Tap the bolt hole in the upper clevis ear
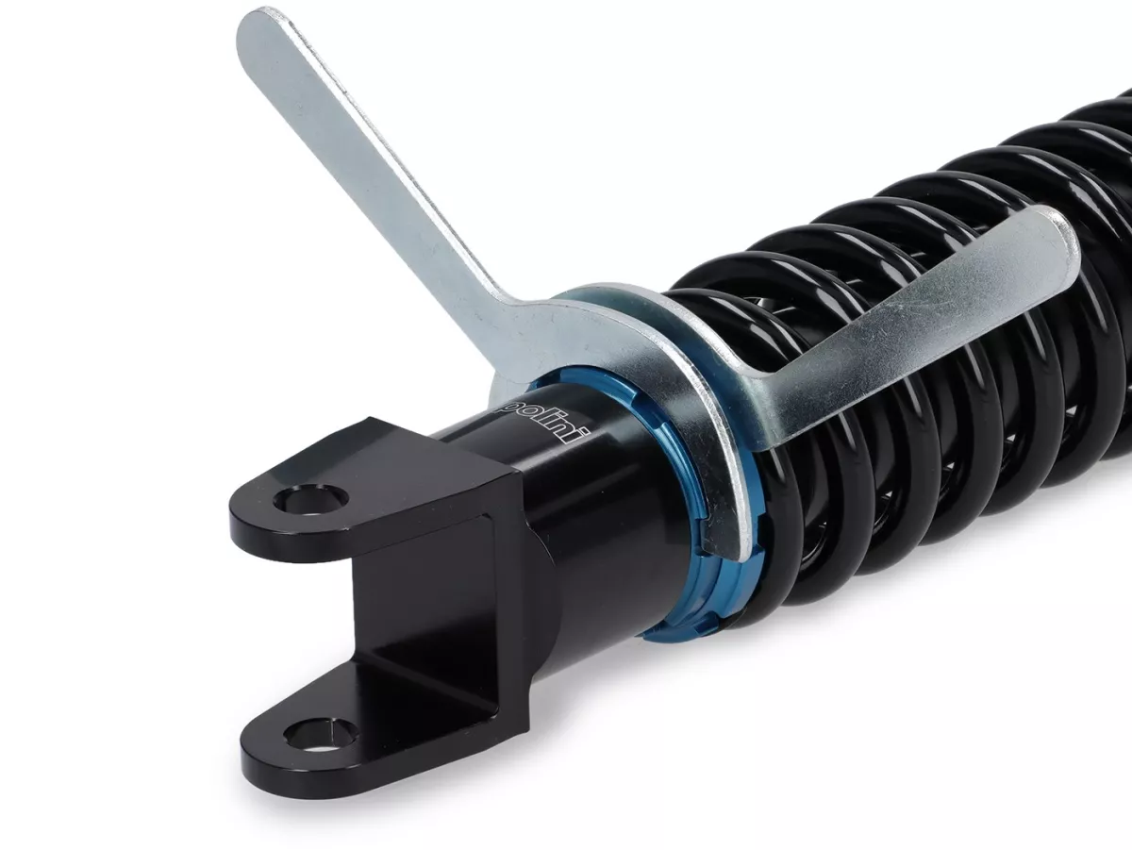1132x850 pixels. coord(310,498)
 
